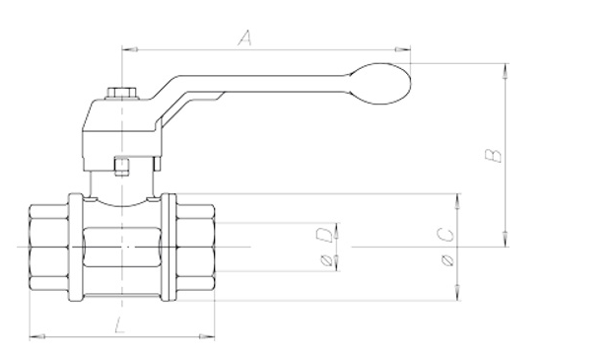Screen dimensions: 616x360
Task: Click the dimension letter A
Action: click(x=244, y=38)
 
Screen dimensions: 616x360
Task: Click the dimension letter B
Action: click(x=493, y=155)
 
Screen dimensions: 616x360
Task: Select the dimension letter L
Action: click(x=119, y=325)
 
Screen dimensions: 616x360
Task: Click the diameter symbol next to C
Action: click(x=447, y=260)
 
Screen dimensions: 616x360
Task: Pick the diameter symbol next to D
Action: click(x=327, y=260)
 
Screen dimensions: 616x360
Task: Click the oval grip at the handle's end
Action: click(x=380, y=84)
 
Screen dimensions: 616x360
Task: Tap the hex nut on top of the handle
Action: click(x=122, y=94)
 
